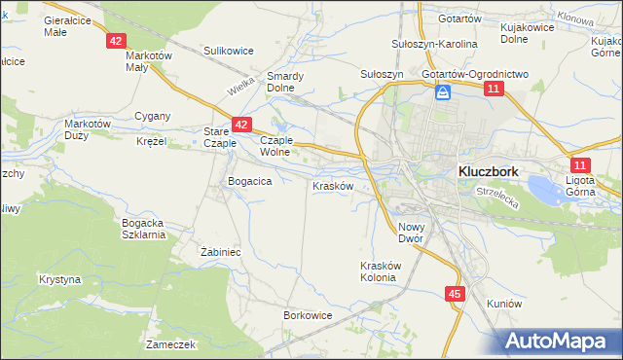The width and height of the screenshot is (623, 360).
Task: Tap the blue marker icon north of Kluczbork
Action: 443,92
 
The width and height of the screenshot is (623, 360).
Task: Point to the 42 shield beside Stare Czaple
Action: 242,126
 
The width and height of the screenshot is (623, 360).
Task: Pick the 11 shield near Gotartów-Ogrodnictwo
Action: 494,90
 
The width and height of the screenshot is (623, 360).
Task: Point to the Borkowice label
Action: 309,315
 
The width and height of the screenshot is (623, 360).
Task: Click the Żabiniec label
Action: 221,251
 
